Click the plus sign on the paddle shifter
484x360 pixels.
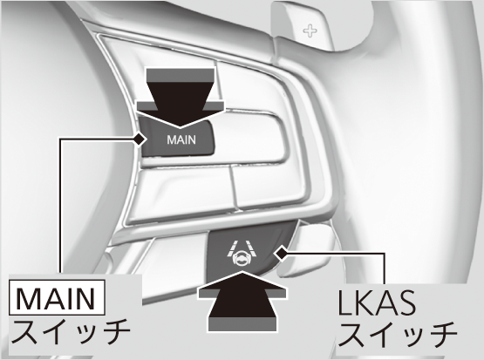310,31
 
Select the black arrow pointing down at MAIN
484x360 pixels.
181,97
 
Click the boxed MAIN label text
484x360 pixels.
57,298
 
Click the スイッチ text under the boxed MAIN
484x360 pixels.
71,331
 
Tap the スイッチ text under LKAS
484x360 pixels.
399,335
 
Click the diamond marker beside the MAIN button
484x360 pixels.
140,139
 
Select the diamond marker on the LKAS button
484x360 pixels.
281,255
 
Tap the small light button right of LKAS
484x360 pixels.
311,250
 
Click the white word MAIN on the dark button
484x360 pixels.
181,139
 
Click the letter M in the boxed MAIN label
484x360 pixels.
28,299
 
